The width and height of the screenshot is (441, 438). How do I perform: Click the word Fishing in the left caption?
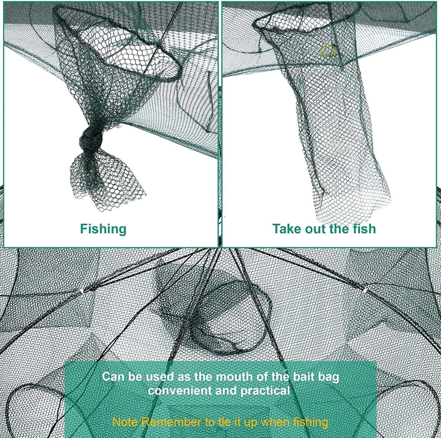click(x=103, y=229)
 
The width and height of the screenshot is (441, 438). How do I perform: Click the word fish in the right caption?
click(x=364, y=228)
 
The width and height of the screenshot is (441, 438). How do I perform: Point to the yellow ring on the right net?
click(x=328, y=51)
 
